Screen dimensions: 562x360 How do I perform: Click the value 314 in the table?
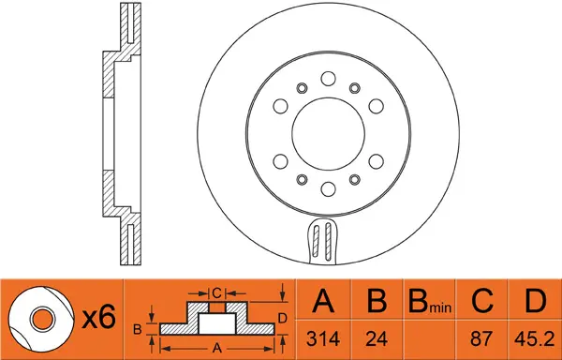323,338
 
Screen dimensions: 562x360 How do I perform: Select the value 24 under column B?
377,338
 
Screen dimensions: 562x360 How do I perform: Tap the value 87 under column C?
481,338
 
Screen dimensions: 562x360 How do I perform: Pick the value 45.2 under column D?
535,338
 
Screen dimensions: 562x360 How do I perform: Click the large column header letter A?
323,301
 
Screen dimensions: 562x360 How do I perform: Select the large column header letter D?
535,301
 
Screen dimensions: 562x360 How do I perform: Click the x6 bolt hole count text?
99,318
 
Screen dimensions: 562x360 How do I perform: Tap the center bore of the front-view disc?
328,134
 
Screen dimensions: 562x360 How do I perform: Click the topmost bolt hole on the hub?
328,79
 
